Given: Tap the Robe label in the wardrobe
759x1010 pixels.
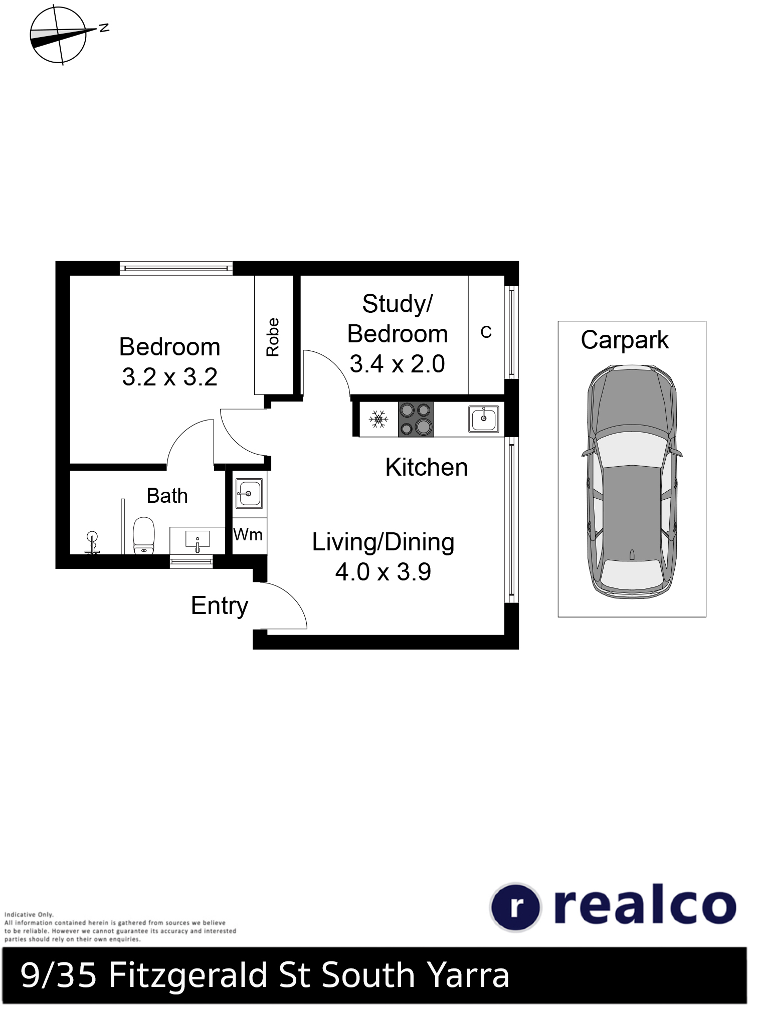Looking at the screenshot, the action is [273, 337].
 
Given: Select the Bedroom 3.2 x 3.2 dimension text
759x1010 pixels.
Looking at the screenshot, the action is [170, 376].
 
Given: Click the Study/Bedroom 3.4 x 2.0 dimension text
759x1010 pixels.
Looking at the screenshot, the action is [397, 364].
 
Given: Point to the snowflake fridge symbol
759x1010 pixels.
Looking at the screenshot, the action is [378, 419].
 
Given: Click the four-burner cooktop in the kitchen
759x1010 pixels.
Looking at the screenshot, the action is [416, 419].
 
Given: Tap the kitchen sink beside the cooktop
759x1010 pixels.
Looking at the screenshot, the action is [484, 419].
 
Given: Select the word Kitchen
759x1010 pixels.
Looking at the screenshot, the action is [427, 467].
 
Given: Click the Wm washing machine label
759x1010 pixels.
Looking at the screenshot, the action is [248, 534].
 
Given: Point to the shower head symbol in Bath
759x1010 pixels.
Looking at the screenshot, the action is [92, 543].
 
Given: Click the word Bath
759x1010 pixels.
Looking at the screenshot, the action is [167, 496].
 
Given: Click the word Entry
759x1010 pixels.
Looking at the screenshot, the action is [220, 606].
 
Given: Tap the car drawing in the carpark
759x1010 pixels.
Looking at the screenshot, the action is [632, 482].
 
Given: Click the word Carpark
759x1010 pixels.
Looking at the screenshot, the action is [625, 341].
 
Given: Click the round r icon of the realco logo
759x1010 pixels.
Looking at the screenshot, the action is [515, 907].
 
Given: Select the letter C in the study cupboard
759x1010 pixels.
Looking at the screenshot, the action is [486, 332].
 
